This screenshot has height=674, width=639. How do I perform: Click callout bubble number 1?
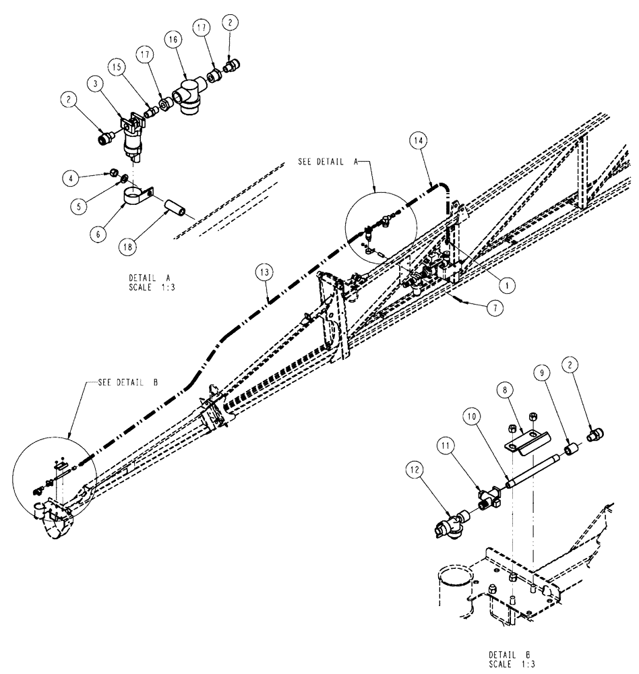coord(509,284)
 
